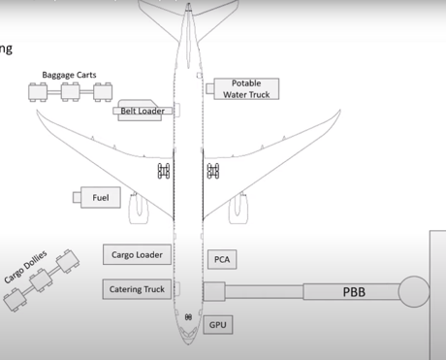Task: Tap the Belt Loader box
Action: tap(142, 111)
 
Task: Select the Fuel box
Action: tap(101, 198)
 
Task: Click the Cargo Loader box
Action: tap(137, 254)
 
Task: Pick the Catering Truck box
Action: tap(137, 288)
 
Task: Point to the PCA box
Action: tap(221, 259)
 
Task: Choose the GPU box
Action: tap(218, 324)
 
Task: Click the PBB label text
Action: tap(354, 291)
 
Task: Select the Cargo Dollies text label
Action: tap(25, 265)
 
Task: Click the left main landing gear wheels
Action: tap(164, 172)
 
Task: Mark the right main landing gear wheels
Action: tap(212, 172)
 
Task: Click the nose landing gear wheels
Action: tap(188, 317)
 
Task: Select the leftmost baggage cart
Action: tap(41, 93)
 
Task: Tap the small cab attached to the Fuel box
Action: tap(77, 198)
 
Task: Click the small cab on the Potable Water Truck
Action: tap(210, 88)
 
